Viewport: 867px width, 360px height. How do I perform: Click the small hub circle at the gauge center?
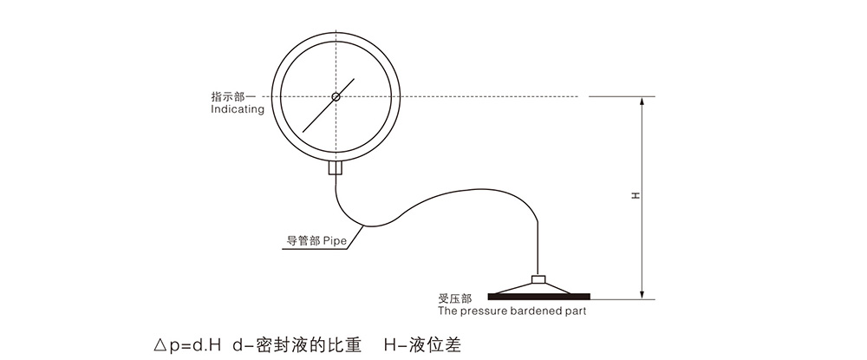point(336,97)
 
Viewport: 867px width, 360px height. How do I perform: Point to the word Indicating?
point(238,109)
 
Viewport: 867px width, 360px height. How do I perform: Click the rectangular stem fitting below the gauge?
point(336,167)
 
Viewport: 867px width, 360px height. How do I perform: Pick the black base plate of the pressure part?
point(539,297)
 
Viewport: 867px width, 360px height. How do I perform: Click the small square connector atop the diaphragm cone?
point(538,279)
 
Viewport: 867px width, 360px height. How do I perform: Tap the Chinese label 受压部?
point(454,299)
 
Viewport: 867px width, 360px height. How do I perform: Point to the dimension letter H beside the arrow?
point(636,196)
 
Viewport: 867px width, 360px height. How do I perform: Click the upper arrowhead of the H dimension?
point(642,102)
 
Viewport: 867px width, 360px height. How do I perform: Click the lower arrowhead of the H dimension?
point(642,294)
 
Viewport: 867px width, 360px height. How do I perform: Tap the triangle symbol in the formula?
point(160,346)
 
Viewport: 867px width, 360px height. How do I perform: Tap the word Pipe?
point(335,242)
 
